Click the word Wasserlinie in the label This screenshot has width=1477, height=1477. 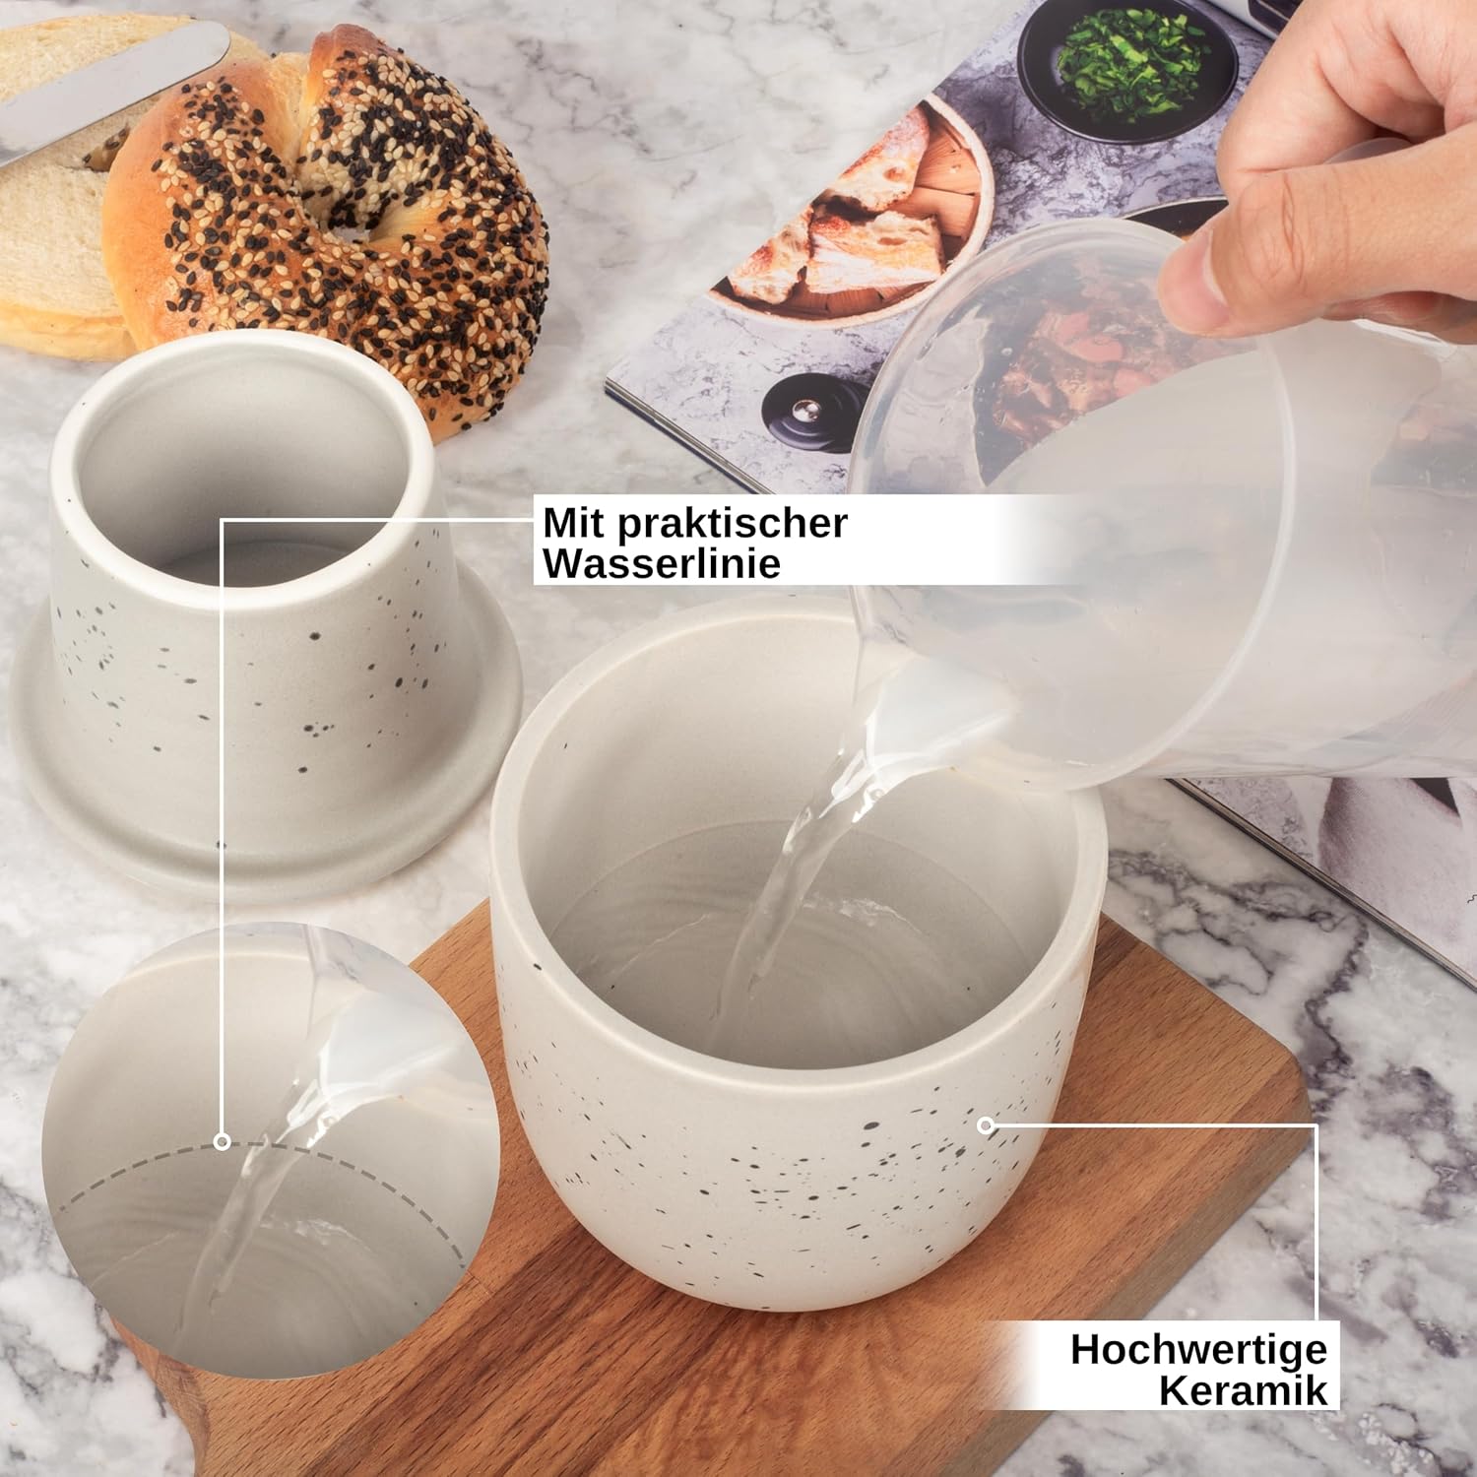click(x=662, y=563)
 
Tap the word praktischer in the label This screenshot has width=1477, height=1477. click(x=732, y=523)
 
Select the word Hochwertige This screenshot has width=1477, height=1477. click(x=1198, y=1348)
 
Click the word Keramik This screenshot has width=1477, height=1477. click(x=1243, y=1390)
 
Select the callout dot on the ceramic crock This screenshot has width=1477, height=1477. click(x=985, y=1124)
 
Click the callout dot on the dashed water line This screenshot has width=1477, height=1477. click(x=223, y=1142)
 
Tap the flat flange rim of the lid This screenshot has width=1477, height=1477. click(x=266, y=807)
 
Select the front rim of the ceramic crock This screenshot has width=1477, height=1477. click(x=788, y=1073)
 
